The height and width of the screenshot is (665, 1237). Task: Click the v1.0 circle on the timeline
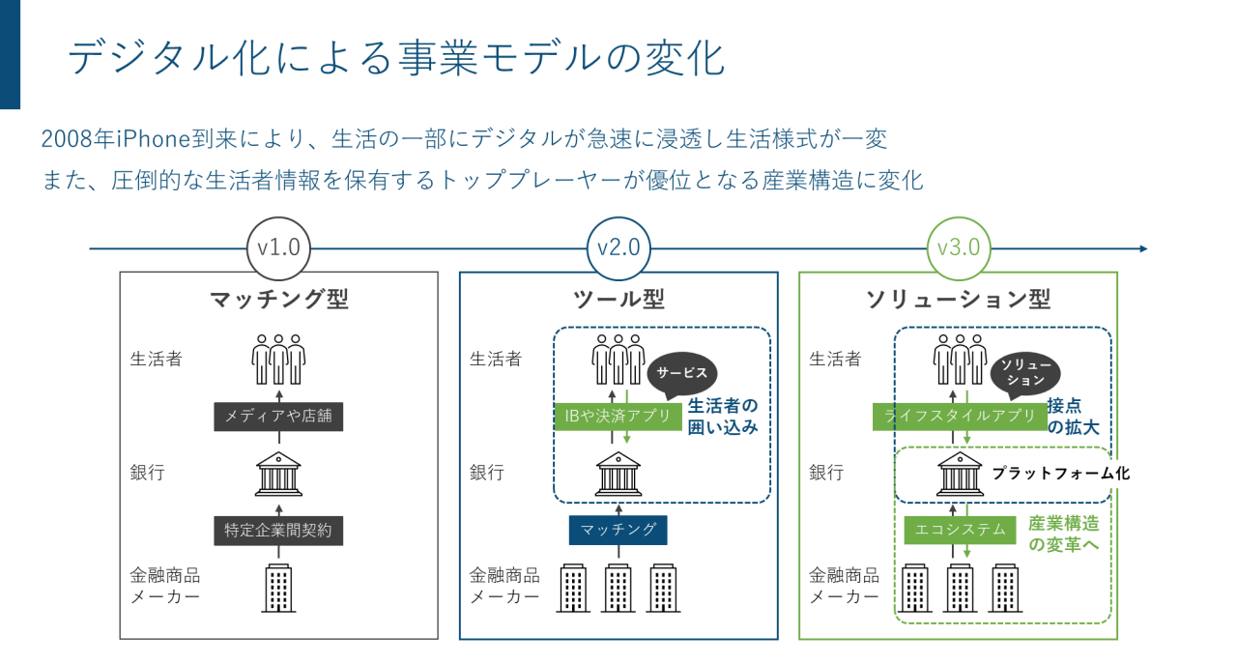[278, 247]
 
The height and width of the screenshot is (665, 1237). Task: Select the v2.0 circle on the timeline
[618, 247]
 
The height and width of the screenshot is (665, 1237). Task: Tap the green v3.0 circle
[958, 247]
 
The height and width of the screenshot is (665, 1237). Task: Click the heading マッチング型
[278, 300]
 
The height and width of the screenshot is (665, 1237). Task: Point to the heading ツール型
[618, 300]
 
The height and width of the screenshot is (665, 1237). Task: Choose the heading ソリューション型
[958, 300]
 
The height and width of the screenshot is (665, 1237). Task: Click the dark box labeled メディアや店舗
[278, 418]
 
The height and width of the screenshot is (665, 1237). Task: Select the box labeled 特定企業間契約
[278, 530]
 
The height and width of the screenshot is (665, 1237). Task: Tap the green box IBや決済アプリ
[618, 418]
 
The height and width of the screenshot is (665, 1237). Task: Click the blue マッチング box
[618, 530]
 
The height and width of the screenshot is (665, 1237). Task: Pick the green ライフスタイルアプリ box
[960, 418]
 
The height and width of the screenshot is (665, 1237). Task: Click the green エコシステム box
[960, 530]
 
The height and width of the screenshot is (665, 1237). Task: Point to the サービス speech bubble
[682, 373]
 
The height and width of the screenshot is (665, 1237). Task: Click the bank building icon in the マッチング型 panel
[278, 474]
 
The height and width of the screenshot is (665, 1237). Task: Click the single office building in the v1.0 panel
[278, 588]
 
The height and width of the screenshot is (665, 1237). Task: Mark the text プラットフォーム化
[1060, 474]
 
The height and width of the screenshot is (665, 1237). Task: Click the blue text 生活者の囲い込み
[722, 415]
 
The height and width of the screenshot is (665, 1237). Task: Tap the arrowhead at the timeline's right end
[1143, 248]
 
